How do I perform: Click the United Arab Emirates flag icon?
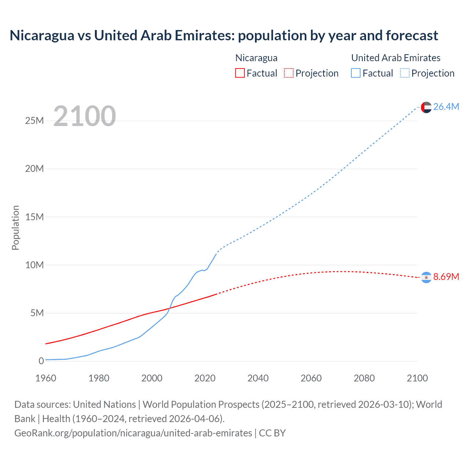click(x=426, y=107)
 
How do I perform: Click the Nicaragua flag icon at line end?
click(x=426, y=277)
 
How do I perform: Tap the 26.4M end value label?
click(x=446, y=107)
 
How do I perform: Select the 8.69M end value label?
click(x=446, y=277)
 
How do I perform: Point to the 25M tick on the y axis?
click(x=34, y=121)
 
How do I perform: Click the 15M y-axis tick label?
click(x=34, y=217)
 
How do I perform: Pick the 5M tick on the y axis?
click(x=37, y=313)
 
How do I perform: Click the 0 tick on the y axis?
click(x=41, y=361)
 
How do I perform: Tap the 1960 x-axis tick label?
click(x=46, y=378)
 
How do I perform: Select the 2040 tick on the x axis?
click(x=258, y=378)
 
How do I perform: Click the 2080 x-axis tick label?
click(x=364, y=378)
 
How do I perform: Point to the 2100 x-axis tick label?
click(x=417, y=378)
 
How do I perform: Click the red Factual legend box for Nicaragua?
click(x=240, y=73)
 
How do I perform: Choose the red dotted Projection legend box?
click(x=289, y=73)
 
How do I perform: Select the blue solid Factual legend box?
click(x=356, y=73)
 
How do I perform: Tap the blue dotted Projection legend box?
click(x=405, y=73)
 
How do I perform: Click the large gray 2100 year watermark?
click(x=85, y=116)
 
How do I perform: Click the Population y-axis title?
click(x=15, y=228)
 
